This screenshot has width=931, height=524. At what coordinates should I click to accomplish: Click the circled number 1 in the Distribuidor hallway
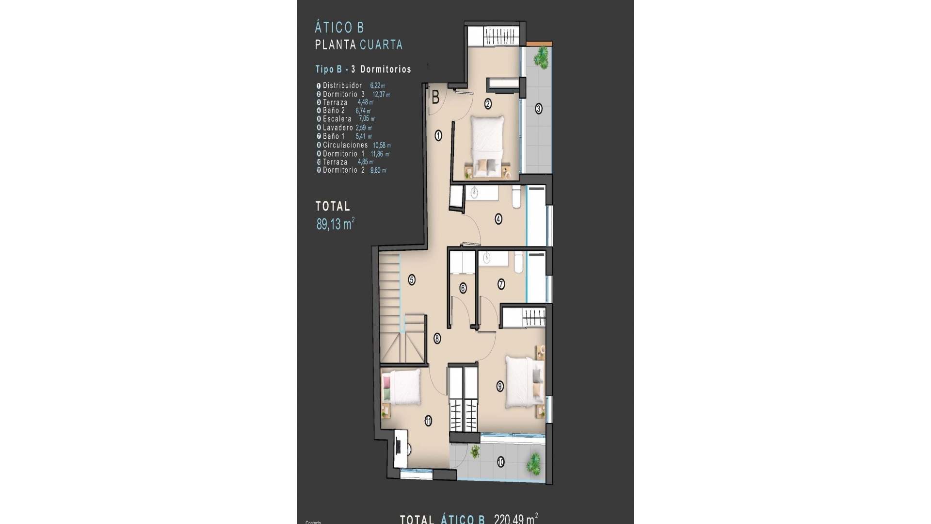click(x=438, y=136)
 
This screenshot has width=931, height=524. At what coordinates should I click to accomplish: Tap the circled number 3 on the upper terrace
click(x=538, y=109)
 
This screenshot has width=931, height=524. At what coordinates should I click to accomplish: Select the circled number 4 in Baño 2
click(x=498, y=219)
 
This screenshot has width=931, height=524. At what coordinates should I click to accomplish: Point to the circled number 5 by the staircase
click(x=412, y=280)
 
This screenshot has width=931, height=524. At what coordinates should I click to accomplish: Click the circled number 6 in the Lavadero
click(x=463, y=288)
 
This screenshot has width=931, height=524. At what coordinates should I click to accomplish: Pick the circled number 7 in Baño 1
click(x=501, y=284)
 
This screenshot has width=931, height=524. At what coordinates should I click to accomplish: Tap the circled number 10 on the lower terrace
click(x=500, y=462)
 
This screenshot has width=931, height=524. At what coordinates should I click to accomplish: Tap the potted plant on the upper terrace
click(x=540, y=58)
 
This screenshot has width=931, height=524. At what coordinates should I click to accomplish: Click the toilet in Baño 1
click(x=517, y=261)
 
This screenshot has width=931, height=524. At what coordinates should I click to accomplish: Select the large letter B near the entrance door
click(x=435, y=98)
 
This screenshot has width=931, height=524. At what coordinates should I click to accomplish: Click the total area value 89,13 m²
click(x=335, y=224)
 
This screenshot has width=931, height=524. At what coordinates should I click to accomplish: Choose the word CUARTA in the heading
click(x=381, y=45)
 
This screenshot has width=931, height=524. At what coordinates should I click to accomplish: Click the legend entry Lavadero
click(x=337, y=128)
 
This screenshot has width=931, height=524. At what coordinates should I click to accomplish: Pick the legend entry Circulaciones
click(x=345, y=145)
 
